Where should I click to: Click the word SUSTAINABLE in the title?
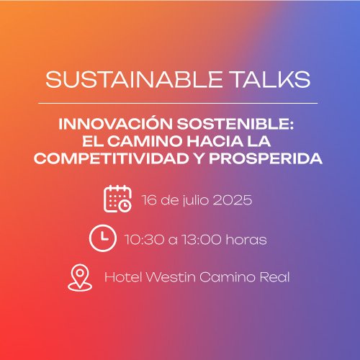tap(134, 79)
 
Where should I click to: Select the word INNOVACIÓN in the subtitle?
tap(115, 123)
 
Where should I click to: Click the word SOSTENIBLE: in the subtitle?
tap(235, 124)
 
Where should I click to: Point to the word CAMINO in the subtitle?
tap(145, 141)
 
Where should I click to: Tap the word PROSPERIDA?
tap(266, 158)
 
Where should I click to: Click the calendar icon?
tap(117, 199)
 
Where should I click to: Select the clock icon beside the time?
tap(103, 238)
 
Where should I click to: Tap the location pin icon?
tap(80, 277)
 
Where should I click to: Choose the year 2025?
tap(233, 200)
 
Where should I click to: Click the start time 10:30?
tap(145, 240)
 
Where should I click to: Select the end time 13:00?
tap(202, 240)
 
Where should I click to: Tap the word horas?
tap(246, 239)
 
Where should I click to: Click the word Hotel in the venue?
tap(123, 277)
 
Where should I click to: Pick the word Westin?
tap(171, 277)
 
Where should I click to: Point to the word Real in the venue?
tap(275, 277)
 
